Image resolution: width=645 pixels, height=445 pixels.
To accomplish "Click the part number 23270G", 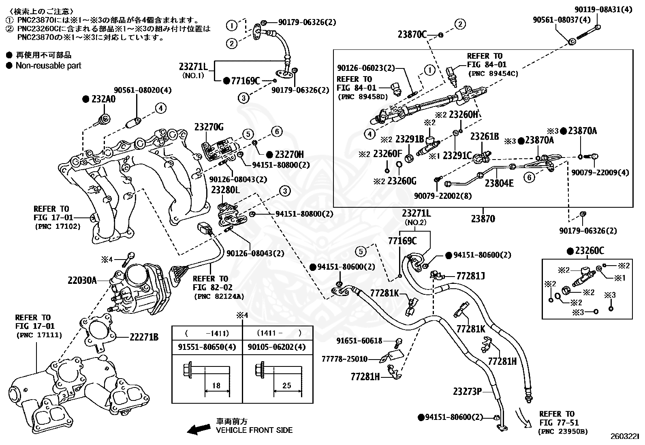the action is click(209, 127).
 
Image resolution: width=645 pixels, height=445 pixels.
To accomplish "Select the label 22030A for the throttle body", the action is click(82, 280).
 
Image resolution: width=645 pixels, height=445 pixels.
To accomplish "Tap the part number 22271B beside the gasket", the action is click(144, 337).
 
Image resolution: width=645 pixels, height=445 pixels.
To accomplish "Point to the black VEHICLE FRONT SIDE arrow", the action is click(199, 429).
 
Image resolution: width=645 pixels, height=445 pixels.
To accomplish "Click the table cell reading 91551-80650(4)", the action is click(207, 347).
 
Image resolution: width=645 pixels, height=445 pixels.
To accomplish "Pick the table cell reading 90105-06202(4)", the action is click(276, 347).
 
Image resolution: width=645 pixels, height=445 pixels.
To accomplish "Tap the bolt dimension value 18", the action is click(216, 385).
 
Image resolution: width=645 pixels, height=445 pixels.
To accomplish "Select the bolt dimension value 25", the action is click(286, 385).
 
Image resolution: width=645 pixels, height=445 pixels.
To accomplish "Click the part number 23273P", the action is click(467, 392).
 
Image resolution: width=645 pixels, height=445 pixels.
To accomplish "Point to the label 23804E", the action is click(499, 183).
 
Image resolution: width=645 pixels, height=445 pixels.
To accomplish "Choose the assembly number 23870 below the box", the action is click(483, 219).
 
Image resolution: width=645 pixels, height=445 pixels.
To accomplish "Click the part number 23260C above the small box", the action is click(589, 251).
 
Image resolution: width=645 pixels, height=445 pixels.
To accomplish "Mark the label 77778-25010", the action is click(344, 359).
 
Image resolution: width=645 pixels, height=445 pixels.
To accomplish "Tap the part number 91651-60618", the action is click(359, 341).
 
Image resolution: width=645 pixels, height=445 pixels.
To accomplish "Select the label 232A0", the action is click(103, 99).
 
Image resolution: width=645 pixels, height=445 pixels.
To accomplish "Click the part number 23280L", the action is click(225, 190).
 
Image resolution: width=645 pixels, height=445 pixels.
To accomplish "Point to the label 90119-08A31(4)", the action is click(604, 10).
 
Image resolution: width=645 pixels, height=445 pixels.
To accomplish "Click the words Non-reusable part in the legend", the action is click(48, 66).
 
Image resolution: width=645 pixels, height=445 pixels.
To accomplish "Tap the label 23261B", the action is click(485, 136).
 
